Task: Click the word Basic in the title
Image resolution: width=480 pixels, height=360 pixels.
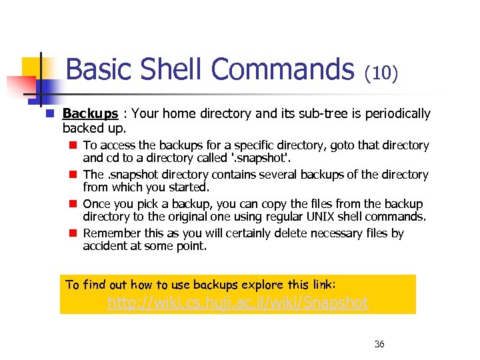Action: [99, 69]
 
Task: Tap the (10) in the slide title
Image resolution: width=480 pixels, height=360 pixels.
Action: [381, 72]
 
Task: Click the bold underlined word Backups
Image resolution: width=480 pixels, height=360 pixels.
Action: [90, 114]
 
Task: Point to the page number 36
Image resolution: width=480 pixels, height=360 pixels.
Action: [379, 344]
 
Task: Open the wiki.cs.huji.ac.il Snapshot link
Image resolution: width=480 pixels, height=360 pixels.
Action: [238, 303]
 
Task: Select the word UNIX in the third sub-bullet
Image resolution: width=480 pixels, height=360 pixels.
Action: [337, 217]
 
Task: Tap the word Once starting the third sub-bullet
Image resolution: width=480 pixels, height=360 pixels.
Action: [97, 204]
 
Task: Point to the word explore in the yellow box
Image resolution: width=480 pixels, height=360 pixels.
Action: [263, 285]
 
